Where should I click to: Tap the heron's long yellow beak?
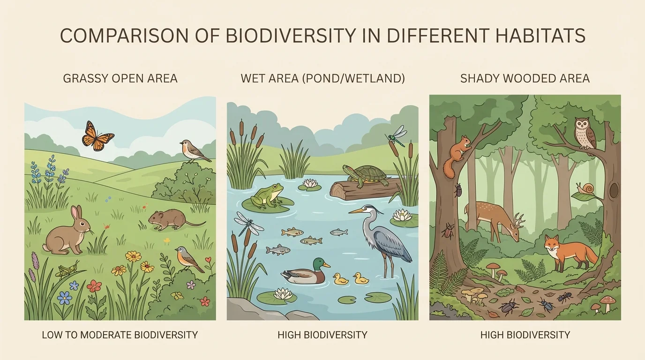[x=357, y=211]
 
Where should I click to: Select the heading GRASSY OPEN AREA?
[x=120, y=78]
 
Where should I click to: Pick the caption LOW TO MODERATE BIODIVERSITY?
[x=120, y=335]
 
